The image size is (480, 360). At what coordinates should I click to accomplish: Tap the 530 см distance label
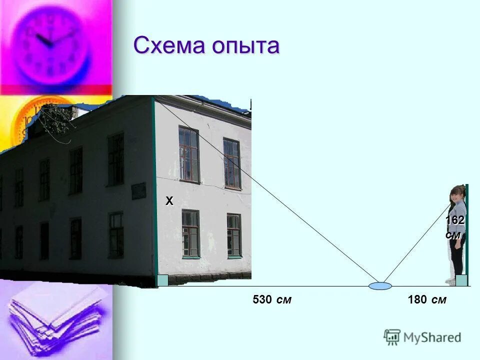[x=272, y=300]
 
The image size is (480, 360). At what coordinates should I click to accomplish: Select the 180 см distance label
[x=427, y=300]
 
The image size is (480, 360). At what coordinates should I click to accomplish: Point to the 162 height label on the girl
[x=455, y=220]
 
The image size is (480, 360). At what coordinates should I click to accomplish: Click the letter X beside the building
[x=169, y=201]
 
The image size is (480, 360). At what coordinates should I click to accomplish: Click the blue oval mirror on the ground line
[x=380, y=286]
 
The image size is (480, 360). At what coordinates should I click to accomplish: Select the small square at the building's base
[x=162, y=280]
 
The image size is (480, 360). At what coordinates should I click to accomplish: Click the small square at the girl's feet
[x=461, y=280]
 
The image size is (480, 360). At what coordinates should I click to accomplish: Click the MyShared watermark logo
[x=422, y=337]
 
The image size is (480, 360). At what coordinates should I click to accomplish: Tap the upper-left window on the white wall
[x=189, y=154]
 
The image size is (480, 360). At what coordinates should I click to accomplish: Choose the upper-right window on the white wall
[x=232, y=163]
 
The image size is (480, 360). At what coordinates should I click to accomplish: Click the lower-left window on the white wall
[x=190, y=233]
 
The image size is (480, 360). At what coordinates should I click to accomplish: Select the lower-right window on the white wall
[x=233, y=235]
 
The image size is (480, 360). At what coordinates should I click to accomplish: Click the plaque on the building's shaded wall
[x=138, y=190]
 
